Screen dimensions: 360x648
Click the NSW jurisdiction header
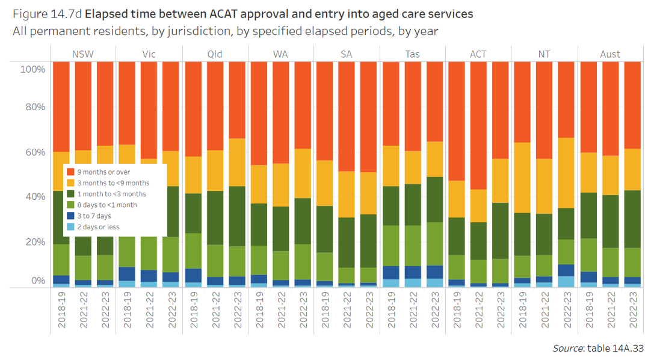82,54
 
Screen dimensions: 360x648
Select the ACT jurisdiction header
478,54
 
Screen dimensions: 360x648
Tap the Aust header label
610,54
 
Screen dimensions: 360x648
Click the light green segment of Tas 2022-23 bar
434,243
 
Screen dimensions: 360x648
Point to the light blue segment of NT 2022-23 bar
566,281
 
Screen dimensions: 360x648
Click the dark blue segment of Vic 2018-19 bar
126,274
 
